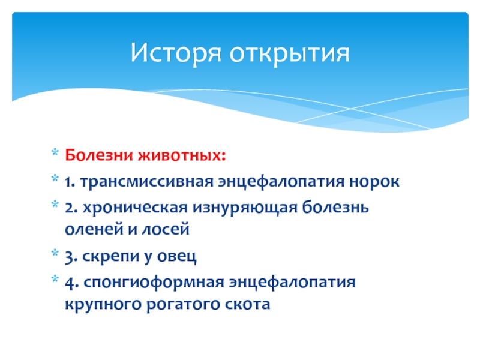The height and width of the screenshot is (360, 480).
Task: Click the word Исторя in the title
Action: (x=176, y=53)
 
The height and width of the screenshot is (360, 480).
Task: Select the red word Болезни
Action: (x=99, y=155)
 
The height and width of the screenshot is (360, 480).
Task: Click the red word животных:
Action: (x=182, y=155)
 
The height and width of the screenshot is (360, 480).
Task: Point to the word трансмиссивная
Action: (x=146, y=181)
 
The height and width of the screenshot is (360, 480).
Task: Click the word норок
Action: (x=374, y=181)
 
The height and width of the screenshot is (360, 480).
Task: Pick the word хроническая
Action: (x=135, y=208)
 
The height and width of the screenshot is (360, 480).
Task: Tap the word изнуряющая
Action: (x=245, y=208)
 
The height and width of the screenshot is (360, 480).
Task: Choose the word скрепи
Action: (x=111, y=257)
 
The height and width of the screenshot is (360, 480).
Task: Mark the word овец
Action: (x=176, y=257)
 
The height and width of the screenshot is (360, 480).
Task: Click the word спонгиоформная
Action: (x=154, y=283)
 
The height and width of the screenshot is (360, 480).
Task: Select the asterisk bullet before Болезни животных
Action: (x=55, y=152)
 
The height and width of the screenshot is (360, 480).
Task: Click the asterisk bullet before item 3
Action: (x=55, y=253)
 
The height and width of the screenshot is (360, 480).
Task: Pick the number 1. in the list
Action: (x=70, y=182)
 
